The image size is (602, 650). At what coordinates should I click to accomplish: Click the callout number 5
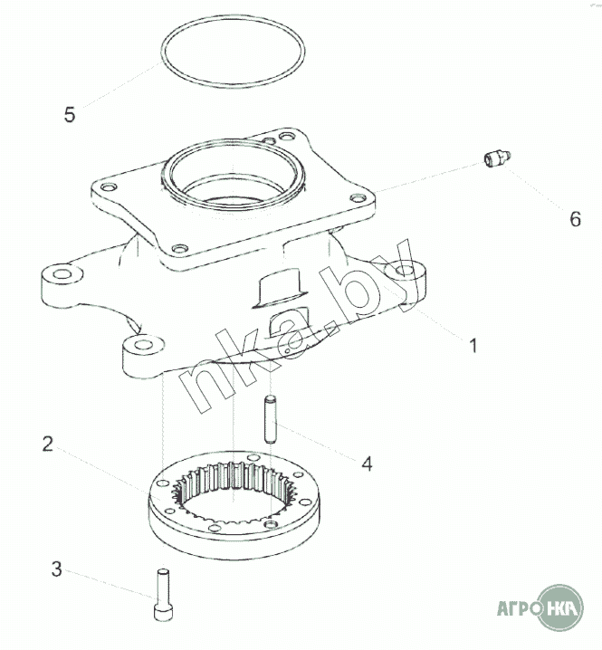[70, 114]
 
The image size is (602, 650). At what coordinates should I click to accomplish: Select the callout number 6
[576, 219]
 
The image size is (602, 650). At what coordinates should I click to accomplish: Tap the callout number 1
[473, 345]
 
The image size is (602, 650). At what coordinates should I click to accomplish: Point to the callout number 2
[48, 444]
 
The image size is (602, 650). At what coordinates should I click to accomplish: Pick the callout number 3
[57, 569]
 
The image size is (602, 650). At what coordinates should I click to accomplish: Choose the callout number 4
[368, 464]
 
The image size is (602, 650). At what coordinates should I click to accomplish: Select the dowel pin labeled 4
[270, 419]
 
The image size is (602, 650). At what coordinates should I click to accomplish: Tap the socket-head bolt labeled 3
[163, 595]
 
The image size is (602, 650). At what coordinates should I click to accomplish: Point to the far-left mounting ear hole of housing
[63, 274]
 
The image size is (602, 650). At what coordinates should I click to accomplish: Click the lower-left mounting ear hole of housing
[143, 344]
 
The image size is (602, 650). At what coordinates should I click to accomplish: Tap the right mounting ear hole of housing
[405, 271]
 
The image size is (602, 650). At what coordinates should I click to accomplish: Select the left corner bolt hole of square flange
[107, 187]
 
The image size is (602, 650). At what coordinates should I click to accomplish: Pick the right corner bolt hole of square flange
[357, 197]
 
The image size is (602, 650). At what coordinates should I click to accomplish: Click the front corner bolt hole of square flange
[180, 249]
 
